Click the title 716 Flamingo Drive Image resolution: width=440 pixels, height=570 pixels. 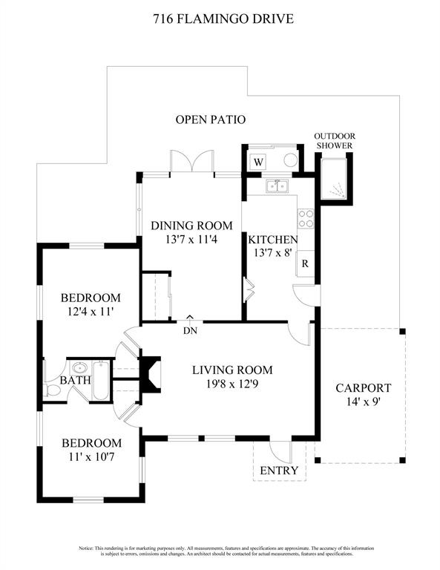(x=223, y=19)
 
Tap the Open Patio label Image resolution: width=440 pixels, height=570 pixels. (x=211, y=119)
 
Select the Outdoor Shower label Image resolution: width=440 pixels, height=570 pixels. (x=335, y=141)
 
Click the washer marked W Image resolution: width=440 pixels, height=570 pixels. (x=258, y=162)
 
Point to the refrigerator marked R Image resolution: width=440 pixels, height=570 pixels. (x=305, y=263)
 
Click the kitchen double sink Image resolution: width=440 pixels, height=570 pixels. (x=278, y=186)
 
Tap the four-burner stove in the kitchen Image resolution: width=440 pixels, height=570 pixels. (x=306, y=219)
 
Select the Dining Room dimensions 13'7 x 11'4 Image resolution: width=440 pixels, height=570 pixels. (x=191, y=240)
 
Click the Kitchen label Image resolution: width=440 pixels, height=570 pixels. (x=273, y=240)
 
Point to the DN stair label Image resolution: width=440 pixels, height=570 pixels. (x=191, y=331)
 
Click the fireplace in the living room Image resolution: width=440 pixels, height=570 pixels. (x=151, y=374)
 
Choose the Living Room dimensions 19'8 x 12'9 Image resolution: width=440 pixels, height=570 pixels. (x=232, y=384)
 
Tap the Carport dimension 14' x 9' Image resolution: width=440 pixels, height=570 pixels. (x=363, y=402)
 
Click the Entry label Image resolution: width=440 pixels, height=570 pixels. (x=279, y=471)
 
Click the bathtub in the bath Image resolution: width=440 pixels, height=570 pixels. (x=100, y=381)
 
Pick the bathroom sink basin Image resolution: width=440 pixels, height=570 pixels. (x=79, y=367)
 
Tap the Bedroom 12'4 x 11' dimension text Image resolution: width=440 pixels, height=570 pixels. (x=91, y=312)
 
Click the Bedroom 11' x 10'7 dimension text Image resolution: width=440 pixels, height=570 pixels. (x=91, y=457)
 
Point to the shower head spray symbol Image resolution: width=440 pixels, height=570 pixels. (x=338, y=189)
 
